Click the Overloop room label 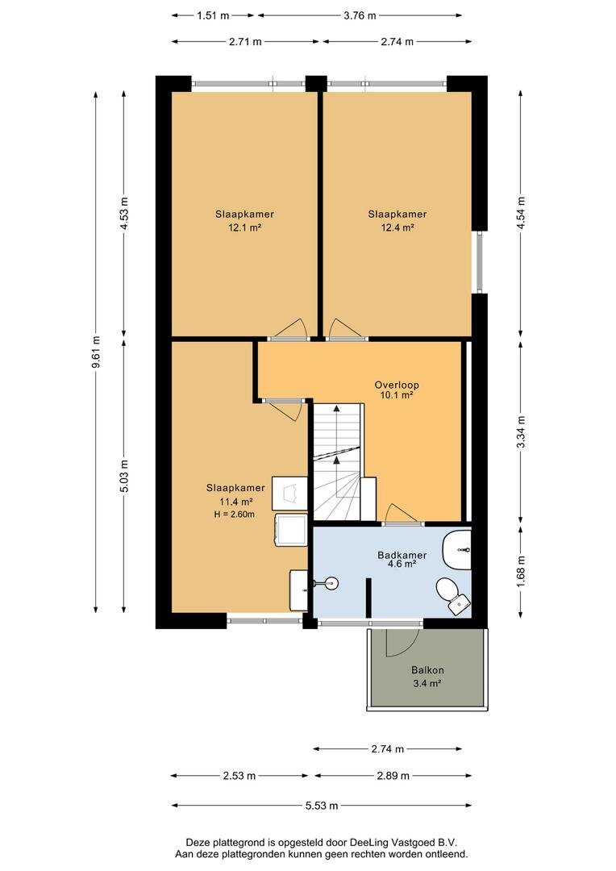pos(396,385)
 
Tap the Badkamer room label pos(402,555)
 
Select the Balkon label pos(427,670)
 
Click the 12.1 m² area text pos(244,227)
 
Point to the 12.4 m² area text pos(397,227)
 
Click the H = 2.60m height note pos(235,515)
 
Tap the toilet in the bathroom pos(453,596)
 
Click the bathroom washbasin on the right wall pos(457,550)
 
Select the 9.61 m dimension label pos(96,352)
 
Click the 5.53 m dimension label pos(322,806)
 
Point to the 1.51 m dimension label pos(213,15)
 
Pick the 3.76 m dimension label pos(360,15)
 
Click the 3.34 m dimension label pos(521,433)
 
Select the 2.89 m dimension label pos(393,776)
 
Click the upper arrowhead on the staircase pos(336,408)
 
